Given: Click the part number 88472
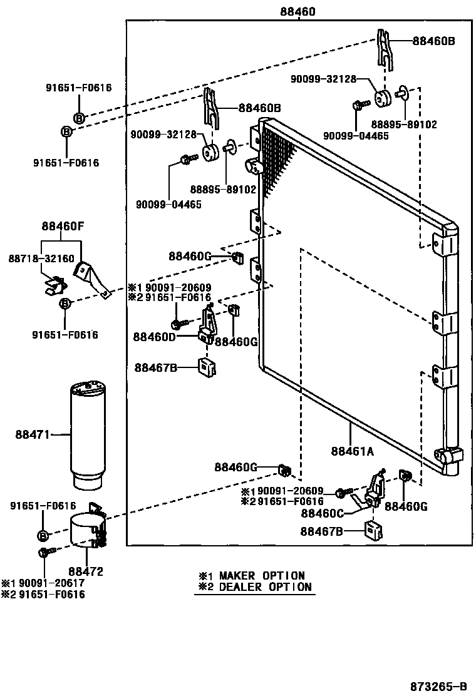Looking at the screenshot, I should tap(86, 571).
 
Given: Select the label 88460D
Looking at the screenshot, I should tap(154, 337).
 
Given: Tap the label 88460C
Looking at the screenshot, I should tap(322, 513).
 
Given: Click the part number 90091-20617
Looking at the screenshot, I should tap(48, 583).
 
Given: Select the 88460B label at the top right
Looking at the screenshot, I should tap(433, 41).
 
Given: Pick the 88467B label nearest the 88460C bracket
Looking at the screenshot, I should tap(321, 532).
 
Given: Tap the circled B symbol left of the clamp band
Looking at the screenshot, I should tap(43, 536).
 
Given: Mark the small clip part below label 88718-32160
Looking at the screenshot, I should tap(56, 286).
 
